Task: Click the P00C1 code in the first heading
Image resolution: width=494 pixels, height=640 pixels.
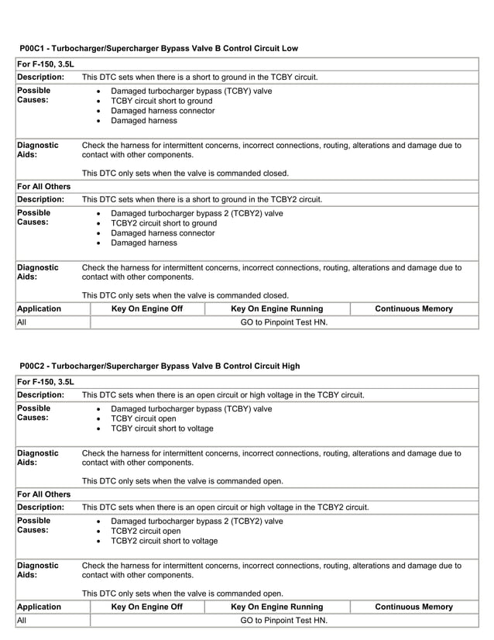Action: (34, 48)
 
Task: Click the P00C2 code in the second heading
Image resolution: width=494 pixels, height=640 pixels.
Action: (34, 366)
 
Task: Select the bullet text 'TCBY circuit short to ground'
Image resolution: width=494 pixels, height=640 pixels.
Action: (161, 101)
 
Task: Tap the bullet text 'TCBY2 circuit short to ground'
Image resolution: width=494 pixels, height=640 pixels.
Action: (163, 223)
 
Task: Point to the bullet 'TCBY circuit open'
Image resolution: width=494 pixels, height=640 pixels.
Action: (145, 418)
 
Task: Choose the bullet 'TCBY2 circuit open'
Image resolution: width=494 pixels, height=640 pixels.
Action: (146, 532)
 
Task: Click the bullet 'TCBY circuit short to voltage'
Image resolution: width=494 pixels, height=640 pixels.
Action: (162, 428)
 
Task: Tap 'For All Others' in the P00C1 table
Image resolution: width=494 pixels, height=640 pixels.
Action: (44, 187)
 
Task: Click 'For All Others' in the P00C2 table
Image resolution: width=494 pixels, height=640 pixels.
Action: (44, 494)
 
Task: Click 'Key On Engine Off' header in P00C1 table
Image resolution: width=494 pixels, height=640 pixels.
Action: (147, 309)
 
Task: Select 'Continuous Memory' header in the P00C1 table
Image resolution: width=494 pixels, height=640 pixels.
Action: (413, 309)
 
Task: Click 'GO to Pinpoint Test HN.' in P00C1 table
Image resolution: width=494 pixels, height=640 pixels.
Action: (283, 322)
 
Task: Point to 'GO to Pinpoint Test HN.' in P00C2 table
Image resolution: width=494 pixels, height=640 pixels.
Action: (283, 621)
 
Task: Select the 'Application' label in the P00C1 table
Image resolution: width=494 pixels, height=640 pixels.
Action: (39, 309)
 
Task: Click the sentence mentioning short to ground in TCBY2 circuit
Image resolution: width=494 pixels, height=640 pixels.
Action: (201, 199)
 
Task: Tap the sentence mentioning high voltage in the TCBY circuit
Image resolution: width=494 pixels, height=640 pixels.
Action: (223, 394)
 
